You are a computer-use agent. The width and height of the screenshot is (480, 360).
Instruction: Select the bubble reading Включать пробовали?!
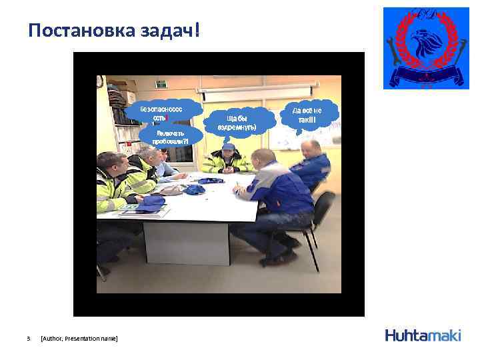click(x=169, y=137)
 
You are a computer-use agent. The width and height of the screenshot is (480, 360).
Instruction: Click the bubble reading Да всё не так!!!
click(x=307, y=115)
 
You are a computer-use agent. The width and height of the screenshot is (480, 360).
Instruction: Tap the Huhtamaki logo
click(x=423, y=335)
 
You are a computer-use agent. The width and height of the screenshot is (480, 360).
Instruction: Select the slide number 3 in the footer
click(x=29, y=339)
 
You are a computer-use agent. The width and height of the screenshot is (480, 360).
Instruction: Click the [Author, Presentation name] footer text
click(x=79, y=339)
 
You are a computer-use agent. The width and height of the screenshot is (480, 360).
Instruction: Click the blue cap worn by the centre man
click(x=228, y=146)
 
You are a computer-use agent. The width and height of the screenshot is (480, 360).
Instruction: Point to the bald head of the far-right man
click(x=311, y=147)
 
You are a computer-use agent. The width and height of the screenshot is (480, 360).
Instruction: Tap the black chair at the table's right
click(x=319, y=220)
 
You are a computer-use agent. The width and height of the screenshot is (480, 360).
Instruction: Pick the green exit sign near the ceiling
click(x=161, y=83)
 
